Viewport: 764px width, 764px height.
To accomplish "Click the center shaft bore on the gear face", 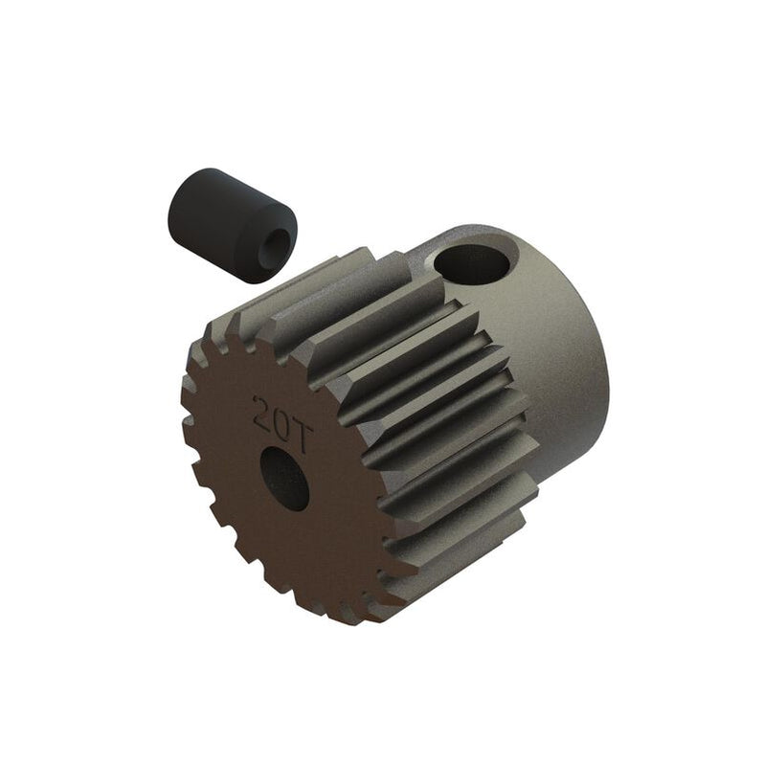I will coord(285,478).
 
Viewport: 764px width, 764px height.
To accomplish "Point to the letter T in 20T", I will coord(300,436).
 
